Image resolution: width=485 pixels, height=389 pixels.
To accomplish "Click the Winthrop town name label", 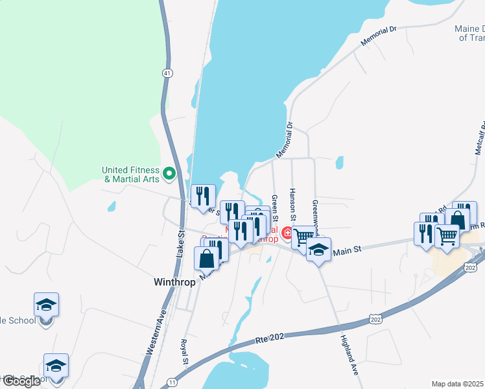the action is [x=174, y=283].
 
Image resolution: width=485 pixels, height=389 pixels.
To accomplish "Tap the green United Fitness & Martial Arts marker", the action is [x=169, y=173].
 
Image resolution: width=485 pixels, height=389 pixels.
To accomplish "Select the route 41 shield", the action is [x=168, y=74].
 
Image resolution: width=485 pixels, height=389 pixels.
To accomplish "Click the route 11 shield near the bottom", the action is [x=171, y=381].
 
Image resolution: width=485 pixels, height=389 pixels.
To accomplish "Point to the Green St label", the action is [x=275, y=206].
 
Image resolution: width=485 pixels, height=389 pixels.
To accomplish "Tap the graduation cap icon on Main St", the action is [x=318, y=250].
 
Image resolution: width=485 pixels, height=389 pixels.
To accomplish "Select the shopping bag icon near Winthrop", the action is [x=206, y=259].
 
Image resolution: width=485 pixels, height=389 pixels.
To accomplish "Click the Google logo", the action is [x=21, y=381].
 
